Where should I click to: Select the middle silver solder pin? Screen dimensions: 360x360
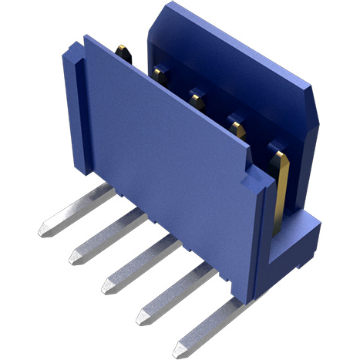click(139, 263)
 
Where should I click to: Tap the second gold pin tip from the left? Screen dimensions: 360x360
click(161, 75)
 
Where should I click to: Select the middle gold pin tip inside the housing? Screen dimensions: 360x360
click(197, 98)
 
